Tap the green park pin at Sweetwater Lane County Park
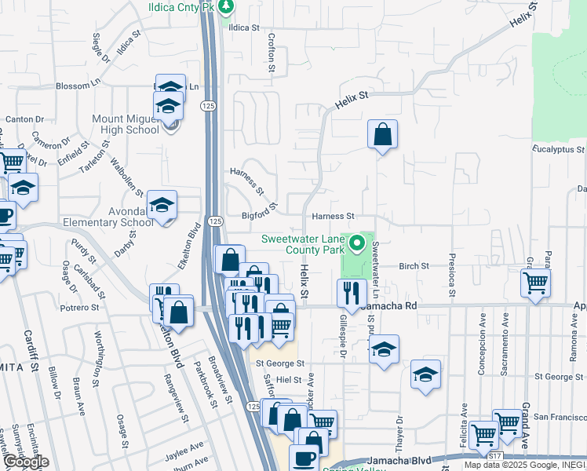pyautogui.click(x=358, y=243)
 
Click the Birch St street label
pyautogui.click(x=414, y=266)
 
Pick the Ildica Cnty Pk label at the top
pyautogui.click(x=181, y=7)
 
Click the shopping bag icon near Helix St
pyautogui.click(x=382, y=134)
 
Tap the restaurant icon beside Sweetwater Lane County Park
pyautogui.click(x=351, y=293)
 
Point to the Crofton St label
pyautogui.click(x=272, y=53)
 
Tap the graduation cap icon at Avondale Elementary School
pyautogui.click(x=162, y=206)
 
